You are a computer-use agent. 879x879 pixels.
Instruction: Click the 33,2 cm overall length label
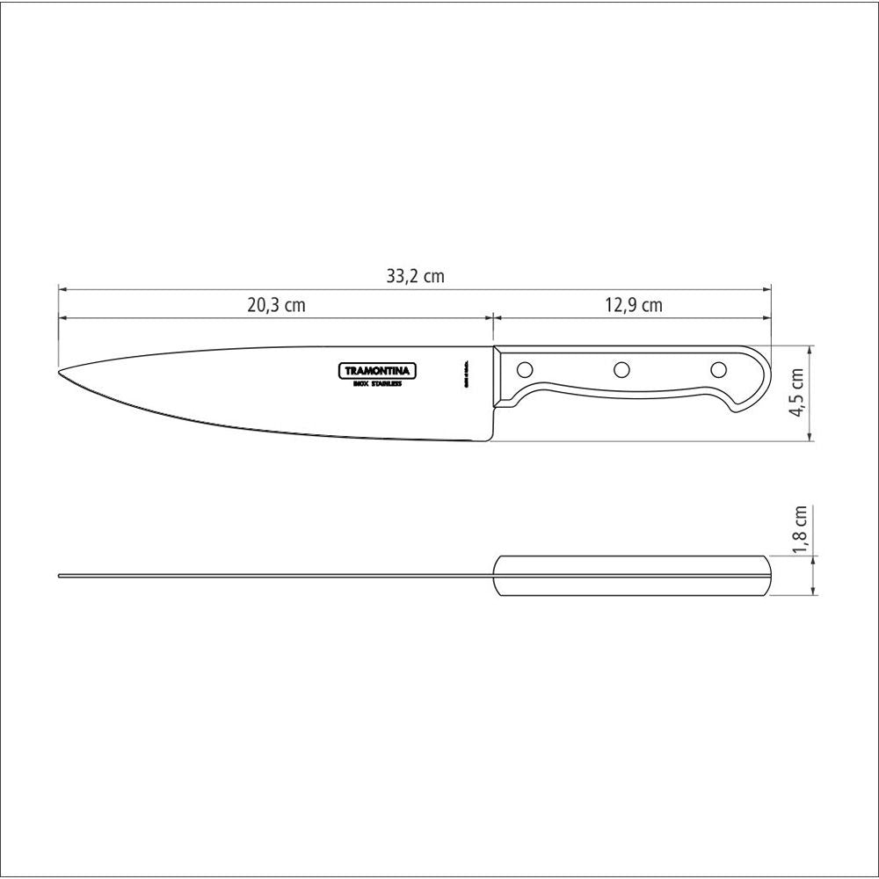click(415, 276)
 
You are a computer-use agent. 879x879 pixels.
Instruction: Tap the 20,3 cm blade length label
click(275, 306)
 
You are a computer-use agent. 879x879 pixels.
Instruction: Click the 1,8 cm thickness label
click(798, 530)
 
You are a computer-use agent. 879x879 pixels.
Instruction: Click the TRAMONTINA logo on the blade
click(378, 371)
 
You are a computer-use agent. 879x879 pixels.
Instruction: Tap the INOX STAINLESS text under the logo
click(378, 384)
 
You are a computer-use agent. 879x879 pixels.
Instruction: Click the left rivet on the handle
click(525, 368)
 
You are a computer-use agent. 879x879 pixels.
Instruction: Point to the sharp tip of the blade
click(60, 371)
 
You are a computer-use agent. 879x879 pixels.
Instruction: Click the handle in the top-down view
click(633, 577)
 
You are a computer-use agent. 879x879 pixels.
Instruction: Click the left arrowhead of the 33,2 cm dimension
click(62, 287)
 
